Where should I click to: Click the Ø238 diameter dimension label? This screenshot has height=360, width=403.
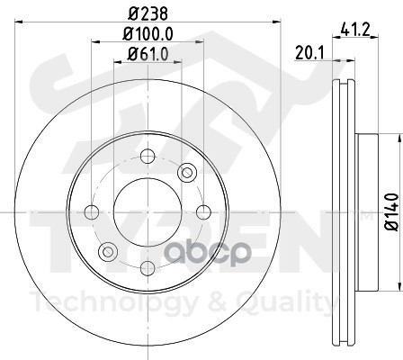pos(148,13)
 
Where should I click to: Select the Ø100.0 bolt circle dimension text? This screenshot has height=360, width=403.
pos(148,34)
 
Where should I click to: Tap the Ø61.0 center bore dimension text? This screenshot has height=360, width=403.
pos(148,54)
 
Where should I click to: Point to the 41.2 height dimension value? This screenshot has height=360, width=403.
pos(355,30)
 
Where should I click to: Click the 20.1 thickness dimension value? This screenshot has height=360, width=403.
pos(309,53)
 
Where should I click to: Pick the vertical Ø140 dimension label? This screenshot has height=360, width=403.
pos(391,212)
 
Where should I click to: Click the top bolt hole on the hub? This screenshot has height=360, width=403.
pos(148,156)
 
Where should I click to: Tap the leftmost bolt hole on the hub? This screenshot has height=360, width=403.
pos(92,212)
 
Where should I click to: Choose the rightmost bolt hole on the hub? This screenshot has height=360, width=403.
pos(203,212)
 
